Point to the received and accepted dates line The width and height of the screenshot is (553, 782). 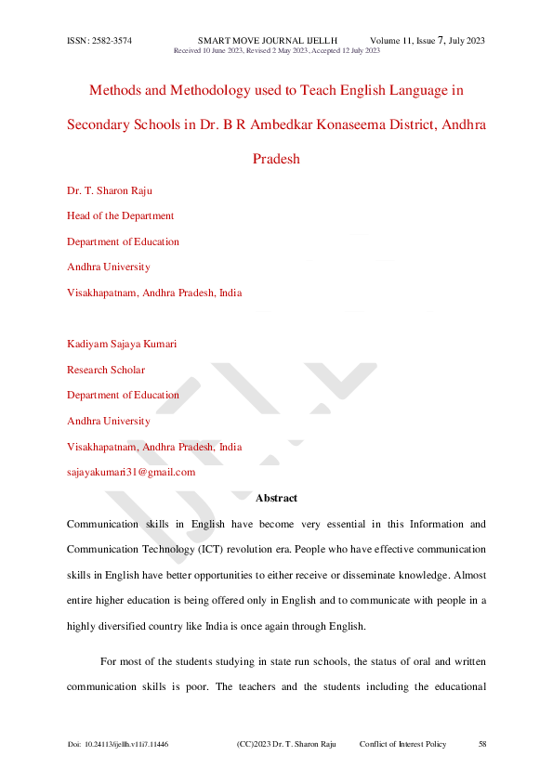pos(277,50)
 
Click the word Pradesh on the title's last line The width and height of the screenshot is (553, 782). pos(276,158)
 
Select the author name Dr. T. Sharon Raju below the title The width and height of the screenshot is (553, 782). pos(110,190)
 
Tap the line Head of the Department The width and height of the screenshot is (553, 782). pos(120,215)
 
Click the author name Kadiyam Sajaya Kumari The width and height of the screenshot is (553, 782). pos(122,344)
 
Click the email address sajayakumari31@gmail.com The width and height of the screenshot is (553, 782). pos(131,472)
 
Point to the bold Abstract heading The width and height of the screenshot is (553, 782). pos(276,499)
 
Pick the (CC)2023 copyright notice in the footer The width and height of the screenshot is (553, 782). pos(285,745)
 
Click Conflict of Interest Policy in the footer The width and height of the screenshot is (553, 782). pos(402,745)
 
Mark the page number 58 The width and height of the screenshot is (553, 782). pos(482,745)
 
